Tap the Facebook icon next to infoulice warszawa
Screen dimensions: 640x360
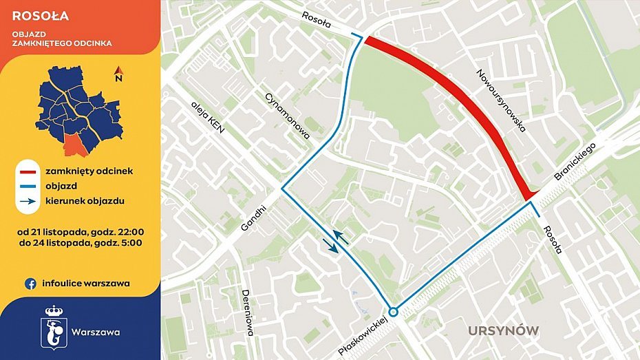coord(30,282)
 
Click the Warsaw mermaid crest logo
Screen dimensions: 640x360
coord(54,324)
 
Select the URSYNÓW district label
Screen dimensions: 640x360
coord(503,331)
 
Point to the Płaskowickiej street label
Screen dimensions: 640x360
coord(364,335)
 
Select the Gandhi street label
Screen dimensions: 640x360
coord(254,218)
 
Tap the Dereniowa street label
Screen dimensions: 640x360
coord(248,314)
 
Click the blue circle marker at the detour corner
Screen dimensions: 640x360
coord(393,310)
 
